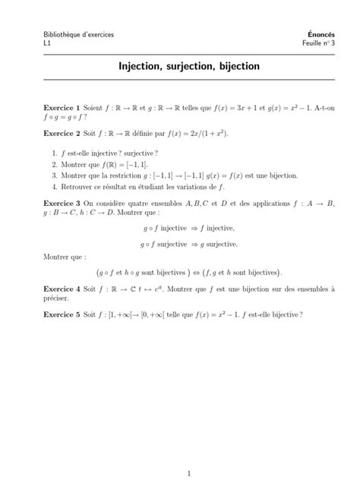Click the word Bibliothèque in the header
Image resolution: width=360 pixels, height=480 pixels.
pos(63,33)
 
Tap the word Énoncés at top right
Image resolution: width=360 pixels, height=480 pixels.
pos(302,33)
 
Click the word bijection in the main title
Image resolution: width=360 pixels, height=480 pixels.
pos(239,67)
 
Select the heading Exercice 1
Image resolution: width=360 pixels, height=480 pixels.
pos(62,109)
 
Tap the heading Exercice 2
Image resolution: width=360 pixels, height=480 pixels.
pos(62,132)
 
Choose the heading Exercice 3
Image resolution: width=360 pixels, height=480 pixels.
pos(62,203)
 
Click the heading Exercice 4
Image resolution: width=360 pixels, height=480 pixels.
pos(62,289)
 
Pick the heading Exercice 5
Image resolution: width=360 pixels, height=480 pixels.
pos(62,313)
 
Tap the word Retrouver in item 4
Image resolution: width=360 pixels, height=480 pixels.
pos(74,185)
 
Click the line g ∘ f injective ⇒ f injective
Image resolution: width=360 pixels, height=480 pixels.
pos(188,227)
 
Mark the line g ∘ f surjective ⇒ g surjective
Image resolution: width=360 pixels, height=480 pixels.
pos(188,244)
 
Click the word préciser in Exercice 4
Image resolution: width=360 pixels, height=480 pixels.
pos(58,298)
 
